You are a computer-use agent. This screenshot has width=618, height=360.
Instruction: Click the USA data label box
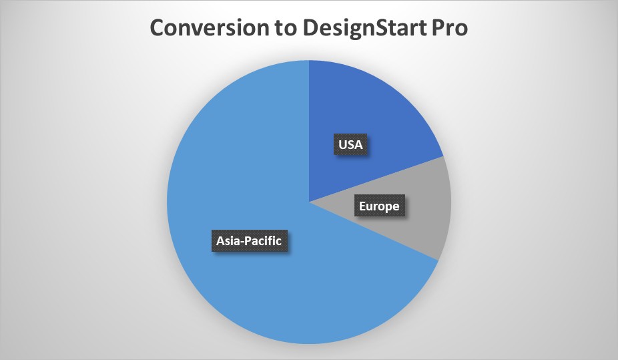[x=350, y=144]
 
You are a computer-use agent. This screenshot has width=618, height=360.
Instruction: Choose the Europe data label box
[x=379, y=206]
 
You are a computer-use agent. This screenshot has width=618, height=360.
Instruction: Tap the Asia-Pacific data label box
[x=249, y=240]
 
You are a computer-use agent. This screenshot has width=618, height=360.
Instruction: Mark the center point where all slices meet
[x=309, y=202]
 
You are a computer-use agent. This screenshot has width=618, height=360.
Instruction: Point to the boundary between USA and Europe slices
[x=376, y=179]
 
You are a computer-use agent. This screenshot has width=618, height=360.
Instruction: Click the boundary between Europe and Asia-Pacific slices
[x=374, y=231]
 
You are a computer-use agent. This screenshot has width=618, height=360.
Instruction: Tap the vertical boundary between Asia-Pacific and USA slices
[x=309, y=131]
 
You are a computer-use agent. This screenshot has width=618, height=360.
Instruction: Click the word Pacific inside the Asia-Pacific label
[x=264, y=240]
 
